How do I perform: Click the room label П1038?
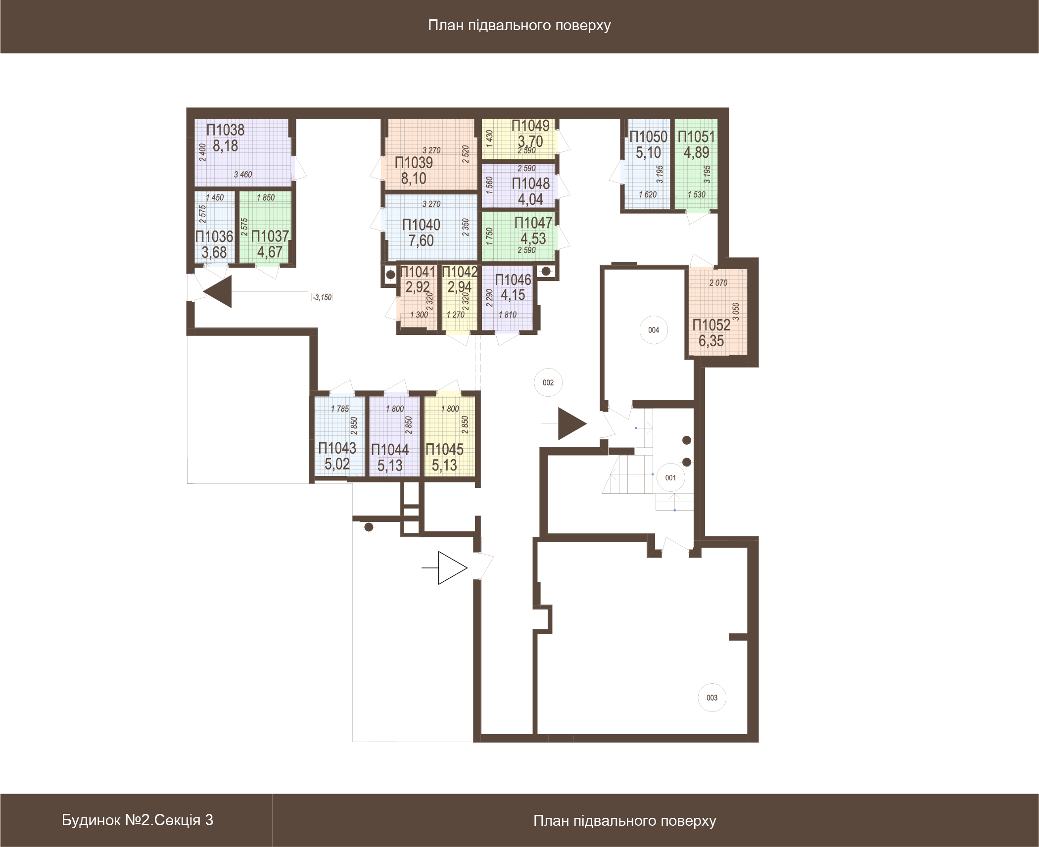click(226, 130)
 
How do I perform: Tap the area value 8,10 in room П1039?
click(414, 179)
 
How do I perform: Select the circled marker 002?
click(548, 382)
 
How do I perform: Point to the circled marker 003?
click(712, 698)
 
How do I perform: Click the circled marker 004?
click(654, 330)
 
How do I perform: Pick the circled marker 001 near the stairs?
click(670, 477)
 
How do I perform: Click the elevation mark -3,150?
click(322, 297)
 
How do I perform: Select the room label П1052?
click(711, 325)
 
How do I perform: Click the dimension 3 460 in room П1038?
click(243, 175)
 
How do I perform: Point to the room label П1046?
click(513, 280)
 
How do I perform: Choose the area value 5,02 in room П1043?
click(337, 464)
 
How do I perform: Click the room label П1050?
click(648, 137)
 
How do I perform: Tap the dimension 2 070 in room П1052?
click(718, 283)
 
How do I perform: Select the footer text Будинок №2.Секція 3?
click(138, 820)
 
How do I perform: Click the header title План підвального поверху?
click(519, 25)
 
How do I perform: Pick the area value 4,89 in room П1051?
click(697, 152)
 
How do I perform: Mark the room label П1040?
click(421, 225)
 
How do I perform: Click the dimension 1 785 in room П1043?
click(340, 409)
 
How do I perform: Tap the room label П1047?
click(533, 223)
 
